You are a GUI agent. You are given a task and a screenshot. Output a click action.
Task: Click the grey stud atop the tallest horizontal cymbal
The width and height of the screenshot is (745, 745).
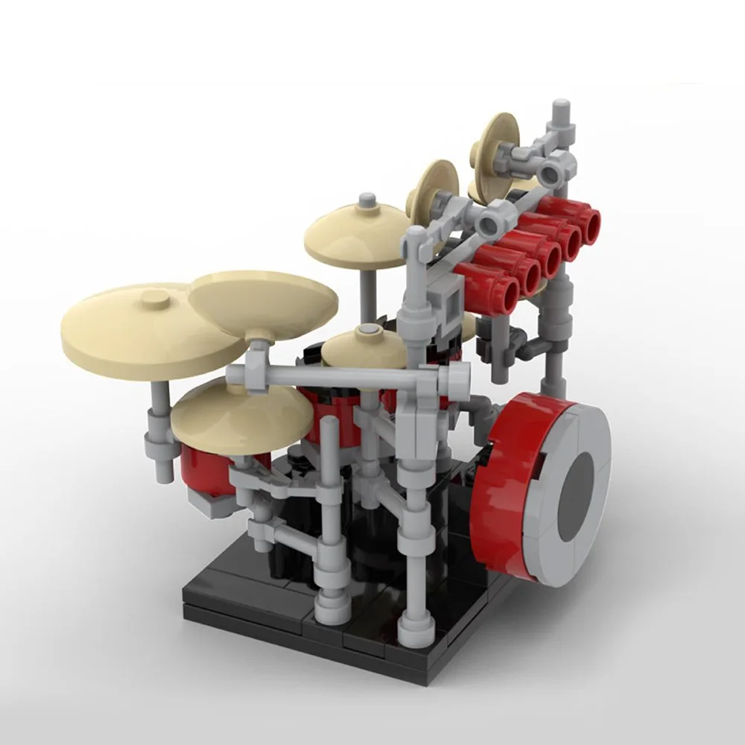pyautogui.click(x=366, y=201)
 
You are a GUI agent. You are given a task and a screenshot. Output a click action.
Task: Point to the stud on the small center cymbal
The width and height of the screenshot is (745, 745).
pyautogui.click(x=366, y=330)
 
